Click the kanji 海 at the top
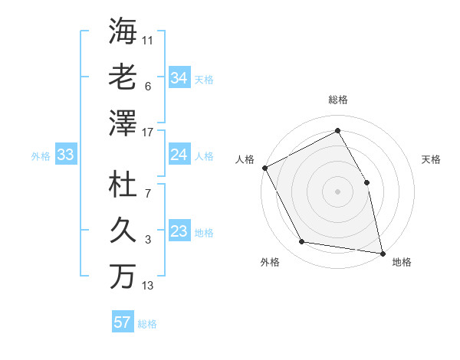point(123,32)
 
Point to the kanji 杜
point(123,186)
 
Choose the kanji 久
point(123,231)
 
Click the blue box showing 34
point(179,78)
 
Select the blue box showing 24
point(179,155)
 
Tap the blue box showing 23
point(179,232)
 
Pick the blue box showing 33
point(65,155)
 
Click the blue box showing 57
point(122,322)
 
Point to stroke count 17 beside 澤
point(149,133)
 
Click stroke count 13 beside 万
point(149,286)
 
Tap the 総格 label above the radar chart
point(338,100)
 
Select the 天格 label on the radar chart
point(432,159)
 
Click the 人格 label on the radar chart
point(245,159)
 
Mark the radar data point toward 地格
point(382,253)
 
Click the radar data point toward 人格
point(264,168)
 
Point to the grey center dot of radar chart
point(338,191)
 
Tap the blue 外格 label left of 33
point(41,156)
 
